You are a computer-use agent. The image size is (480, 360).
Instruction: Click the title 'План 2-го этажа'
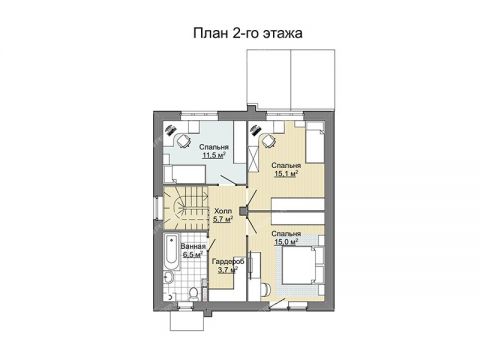(240, 33)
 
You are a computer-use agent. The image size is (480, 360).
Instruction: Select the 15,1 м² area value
(287, 172)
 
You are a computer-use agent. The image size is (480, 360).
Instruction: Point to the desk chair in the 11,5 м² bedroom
(182, 137)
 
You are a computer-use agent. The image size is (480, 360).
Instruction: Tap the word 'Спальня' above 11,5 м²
(213, 147)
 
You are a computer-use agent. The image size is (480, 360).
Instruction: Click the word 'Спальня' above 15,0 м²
(287, 232)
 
